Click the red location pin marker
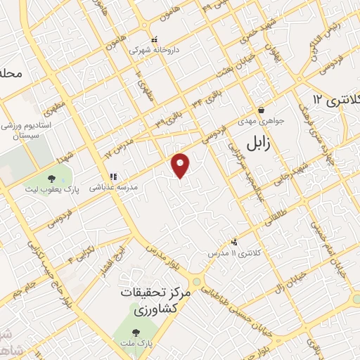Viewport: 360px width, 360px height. coord(181,165)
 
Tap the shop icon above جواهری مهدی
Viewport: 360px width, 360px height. coord(262,110)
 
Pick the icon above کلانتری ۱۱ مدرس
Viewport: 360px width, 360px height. coord(235,240)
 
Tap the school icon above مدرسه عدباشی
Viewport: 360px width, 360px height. coord(112,177)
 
